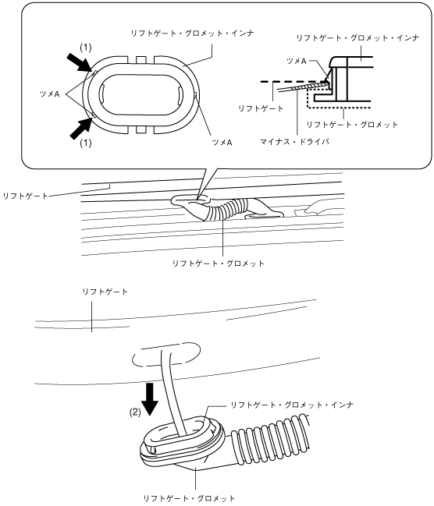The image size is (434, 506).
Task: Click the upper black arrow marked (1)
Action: click(79, 62)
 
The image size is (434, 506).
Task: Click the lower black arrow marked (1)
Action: click(80, 128)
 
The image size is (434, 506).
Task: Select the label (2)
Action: click(135, 412)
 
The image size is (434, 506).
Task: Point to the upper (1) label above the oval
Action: click(86, 48)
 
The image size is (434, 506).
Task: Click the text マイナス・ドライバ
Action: click(294, 141)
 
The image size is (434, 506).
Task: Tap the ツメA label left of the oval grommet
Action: click(49, 94)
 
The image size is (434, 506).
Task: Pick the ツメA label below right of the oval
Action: click(222, 143)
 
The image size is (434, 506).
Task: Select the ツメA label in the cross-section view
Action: click(297, 61)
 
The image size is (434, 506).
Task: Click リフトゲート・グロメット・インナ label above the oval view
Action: click(192, 33)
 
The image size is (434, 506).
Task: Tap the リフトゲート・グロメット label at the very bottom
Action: click(189, 498)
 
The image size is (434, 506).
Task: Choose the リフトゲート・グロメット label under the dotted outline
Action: click(352, 125)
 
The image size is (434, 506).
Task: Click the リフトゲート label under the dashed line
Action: click(261, 108)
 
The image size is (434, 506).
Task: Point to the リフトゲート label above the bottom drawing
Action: click(105, 292)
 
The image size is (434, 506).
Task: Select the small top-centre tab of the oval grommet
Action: click(141, 59)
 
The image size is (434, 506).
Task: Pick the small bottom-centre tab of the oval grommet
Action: click(141, 129)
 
